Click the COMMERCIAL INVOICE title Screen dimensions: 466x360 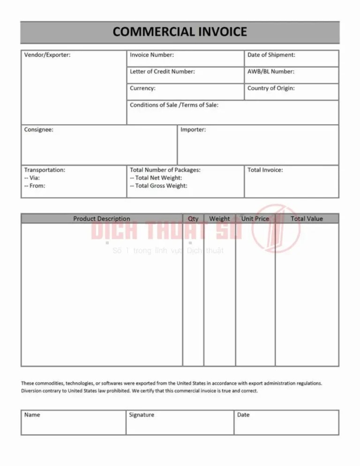tap(180, 32)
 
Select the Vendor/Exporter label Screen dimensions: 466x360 tap(47, 55)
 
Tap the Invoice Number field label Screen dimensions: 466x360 tap(152, 55)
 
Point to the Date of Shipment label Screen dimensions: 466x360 tap(271, 55)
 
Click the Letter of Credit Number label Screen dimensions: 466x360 tap(162, 72)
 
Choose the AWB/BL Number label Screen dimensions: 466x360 tap(270, 72)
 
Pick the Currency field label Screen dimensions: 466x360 tap(143, 88)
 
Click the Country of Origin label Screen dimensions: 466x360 tap(271, 88)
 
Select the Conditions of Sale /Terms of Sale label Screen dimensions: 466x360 tap(174, 105)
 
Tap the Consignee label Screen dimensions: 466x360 tap(39, 130)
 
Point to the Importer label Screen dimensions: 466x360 tap(193, 130)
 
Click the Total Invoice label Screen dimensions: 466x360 tap(265, 170)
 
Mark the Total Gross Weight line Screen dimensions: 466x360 tap(158, 186)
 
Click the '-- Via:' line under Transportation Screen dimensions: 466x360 tap(32, 178)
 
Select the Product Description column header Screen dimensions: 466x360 tap(102, 219)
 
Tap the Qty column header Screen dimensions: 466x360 tap(193, 219)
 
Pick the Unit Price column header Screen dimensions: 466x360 tap(255, 219)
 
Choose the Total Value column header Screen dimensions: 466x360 tap(307, 219)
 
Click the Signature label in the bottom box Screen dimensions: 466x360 tap(142, 415)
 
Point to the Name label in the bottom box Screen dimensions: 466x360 tap(32, 415)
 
